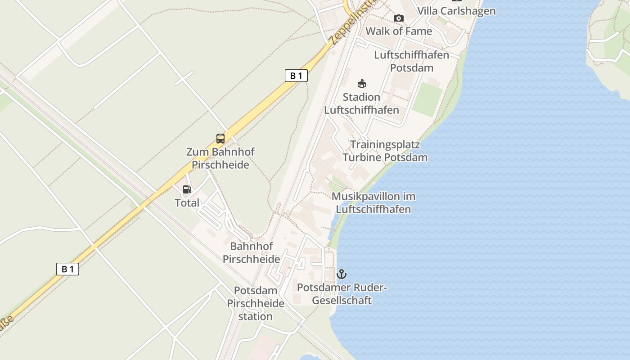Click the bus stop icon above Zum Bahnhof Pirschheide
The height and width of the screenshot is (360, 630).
tap(220, 139)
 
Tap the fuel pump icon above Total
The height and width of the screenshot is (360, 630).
tap(187, 189)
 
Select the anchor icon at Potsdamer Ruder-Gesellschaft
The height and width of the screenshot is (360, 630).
tap(342, 274)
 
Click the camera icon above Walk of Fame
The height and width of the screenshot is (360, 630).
tap(399, 18)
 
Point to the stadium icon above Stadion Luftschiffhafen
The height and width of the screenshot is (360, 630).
tap(362, 83)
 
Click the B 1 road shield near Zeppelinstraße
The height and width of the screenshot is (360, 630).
tap(296, 76)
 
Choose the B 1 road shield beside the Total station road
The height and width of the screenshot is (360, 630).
tap(67, 269)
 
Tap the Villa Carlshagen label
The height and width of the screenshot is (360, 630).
tap(456, 11)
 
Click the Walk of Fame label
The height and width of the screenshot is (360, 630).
tap(399, 31)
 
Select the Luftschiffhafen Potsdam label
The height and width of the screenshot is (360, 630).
tap(412, 61)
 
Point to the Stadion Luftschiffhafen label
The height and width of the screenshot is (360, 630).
tap(361, 103)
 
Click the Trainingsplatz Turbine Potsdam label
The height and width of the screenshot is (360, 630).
tap(385, 151)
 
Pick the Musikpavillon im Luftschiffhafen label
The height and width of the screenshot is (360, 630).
tap(373, 203)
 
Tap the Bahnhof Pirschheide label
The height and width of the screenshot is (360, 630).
tap(252, 253)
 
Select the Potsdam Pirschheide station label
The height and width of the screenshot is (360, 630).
tap(256, 303)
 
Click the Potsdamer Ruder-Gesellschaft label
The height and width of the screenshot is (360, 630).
tap(342, 294)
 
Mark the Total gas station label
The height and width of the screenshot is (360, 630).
tap(187, 203)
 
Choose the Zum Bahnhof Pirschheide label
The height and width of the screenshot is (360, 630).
tap(220, 158)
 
